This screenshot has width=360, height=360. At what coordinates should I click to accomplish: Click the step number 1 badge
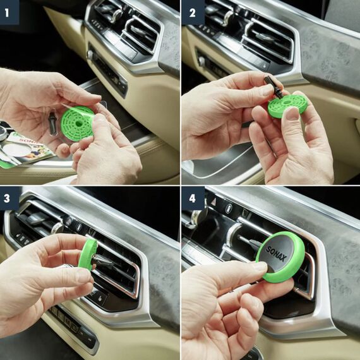pyautogui.click(x=9, y=10)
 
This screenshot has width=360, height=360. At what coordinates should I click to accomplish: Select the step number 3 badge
pyautogui.click(x=9, y=197)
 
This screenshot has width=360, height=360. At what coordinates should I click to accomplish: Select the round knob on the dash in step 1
pyautogui.click(x=90, y=55)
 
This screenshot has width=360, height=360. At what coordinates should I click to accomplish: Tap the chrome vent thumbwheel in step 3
pyautogui.click(x=68, y=222)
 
